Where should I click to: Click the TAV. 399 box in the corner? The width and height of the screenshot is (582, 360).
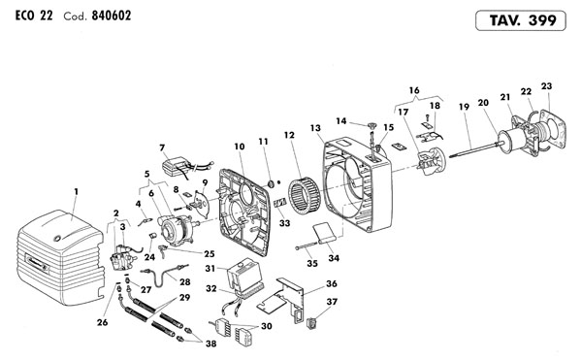click(x=520, y=20)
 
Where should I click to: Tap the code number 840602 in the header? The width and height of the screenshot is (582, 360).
click(x=112, y=16)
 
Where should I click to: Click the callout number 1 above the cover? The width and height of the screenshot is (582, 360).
click(x=76, y=191)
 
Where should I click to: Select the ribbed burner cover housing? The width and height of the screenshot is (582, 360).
click(x=59, y=257)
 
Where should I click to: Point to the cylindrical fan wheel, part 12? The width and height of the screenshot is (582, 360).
click(x=305, y=197)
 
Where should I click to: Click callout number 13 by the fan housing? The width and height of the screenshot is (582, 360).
click(x=315, y=128)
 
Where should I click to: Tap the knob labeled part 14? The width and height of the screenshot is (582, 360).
click(x=372, y=125)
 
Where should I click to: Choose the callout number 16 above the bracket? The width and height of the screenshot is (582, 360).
click(x=414, y=90)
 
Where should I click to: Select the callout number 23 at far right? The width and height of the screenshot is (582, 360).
click(x=546, y=86)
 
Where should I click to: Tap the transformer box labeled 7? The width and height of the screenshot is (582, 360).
click(x=175, y=165)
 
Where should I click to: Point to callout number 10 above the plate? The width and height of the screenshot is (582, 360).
click(x=240, y=147)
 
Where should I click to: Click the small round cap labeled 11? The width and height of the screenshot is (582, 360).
click(x=271, y=183)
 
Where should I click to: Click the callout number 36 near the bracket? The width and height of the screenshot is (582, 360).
click(x=332, y=283)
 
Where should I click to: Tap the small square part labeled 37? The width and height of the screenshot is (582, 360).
click(x=311, y=323)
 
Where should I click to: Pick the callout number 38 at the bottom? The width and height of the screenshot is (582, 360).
click(x=210, y=344)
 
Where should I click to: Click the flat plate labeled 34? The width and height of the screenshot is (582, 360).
click(x=324, y=232)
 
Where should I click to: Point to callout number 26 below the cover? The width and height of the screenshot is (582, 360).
click(x=103, y=322)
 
